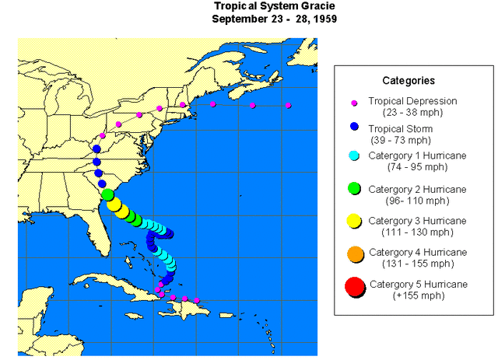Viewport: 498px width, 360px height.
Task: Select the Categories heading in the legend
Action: pos(409,80)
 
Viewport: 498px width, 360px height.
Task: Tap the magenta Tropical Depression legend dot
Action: pos(354,102)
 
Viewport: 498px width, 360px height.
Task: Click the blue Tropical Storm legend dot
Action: pos(354,128)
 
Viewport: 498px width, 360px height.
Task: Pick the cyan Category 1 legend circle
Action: pos(354,156)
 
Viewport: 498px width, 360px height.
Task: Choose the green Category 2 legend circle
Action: pos(354,187)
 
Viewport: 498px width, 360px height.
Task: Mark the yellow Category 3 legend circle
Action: pos(354,221)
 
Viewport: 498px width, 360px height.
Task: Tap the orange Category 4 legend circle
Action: pos(354,253)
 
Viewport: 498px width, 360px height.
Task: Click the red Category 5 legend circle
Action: pos(354,288)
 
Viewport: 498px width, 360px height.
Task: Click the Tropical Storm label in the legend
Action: pos(401,128)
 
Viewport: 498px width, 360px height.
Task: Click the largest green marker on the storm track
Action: pos(107,195)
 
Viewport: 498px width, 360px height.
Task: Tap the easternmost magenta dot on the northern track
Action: pos(288,105)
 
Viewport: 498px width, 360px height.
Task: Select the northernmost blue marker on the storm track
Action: pos(96,149)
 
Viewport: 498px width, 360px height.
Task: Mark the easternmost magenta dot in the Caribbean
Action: pos(197,300)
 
